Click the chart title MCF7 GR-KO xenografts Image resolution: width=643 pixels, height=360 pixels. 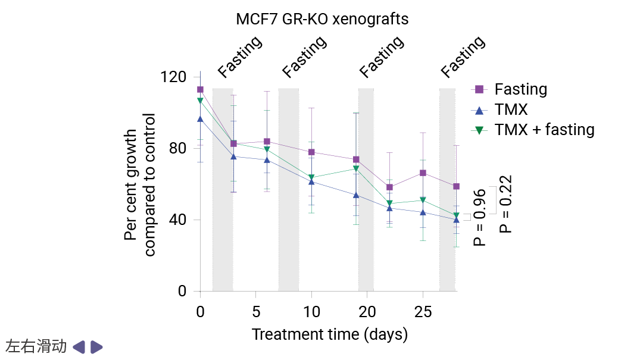pos(322,19)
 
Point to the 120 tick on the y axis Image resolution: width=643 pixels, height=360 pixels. pos(173,77)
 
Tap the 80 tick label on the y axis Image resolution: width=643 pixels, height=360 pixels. pos(177,149)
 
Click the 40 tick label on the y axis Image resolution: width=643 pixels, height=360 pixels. pos(177,220)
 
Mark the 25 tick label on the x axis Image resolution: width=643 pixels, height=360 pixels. pos(423,312)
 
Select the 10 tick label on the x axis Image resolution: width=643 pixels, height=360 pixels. pos(311,312)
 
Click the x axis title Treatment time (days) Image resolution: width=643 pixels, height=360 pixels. pos(329,334)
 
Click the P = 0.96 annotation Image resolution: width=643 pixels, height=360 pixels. pos(480,217)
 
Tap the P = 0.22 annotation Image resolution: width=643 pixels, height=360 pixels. pos(506,204)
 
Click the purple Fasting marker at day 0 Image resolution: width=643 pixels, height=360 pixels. pos(200,90)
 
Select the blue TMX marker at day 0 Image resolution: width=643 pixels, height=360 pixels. pos(200,119)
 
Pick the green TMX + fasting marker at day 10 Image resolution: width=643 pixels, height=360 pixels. pos(311,178)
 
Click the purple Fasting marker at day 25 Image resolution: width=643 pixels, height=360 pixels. pos(423,173)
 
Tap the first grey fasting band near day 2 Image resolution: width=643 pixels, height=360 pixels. pos(223,190)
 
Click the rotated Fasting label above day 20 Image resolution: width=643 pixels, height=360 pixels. pos(382,58)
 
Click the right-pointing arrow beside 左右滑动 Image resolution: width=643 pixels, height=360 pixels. pos(97,347)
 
